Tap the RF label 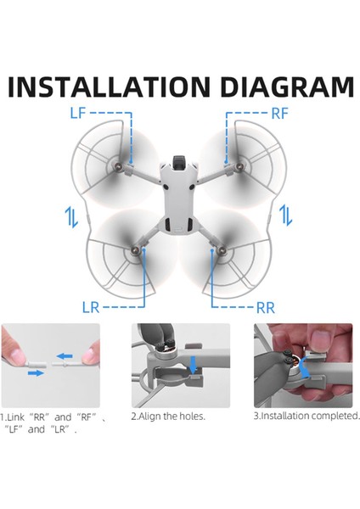[281, 112]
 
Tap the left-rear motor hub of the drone [136, 252]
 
